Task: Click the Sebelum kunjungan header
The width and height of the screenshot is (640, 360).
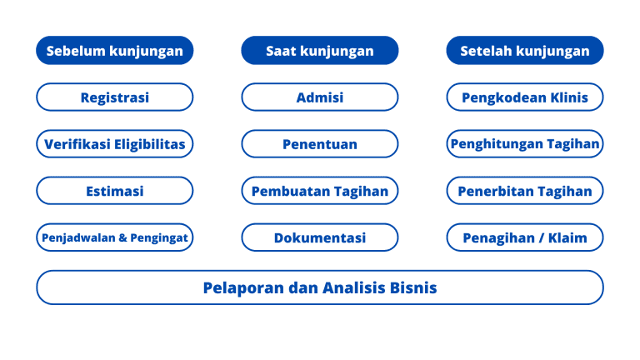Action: coord(115,51)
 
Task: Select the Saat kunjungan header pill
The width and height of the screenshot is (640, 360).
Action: coord(320,51)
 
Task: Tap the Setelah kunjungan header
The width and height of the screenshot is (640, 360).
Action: coord(525,51)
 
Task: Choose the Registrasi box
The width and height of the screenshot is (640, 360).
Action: coord(115,97)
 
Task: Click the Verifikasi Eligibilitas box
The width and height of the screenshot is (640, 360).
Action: coord(115,144)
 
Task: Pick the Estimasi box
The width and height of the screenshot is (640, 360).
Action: coord(115,191)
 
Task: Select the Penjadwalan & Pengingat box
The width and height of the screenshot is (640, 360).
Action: coord(115,237)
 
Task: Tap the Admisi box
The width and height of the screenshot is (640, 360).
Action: coord(320,97)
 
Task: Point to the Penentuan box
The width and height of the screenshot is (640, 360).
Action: coord(320,144)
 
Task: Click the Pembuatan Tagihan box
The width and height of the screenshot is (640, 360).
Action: coord(320,191)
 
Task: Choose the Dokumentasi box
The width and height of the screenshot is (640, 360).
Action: coord(320,237)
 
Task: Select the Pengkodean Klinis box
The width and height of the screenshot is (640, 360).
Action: coord(525,97)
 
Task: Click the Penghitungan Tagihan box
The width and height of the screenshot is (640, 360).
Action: coord(525,144)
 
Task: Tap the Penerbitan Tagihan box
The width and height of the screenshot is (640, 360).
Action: coord(525,191)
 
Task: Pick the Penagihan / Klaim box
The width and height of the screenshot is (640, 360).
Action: coord(525,237)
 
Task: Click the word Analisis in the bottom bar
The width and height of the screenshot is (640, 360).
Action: coord(354,287)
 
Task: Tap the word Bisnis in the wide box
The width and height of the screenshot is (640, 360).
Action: coord(413,287)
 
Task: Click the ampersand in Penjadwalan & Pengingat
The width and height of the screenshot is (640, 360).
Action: coord(122,237)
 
